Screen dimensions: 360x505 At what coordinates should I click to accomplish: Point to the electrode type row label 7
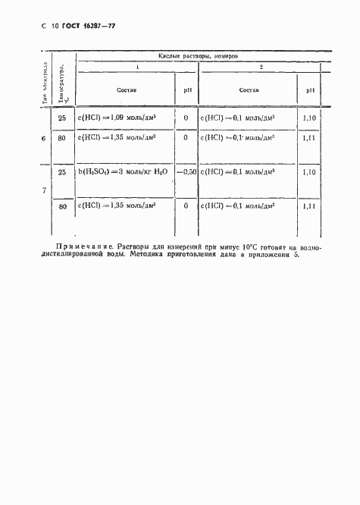pyautogui.click(x=43, y=190)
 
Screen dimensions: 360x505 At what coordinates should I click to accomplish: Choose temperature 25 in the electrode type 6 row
pyautogui.click(x=63, y=118)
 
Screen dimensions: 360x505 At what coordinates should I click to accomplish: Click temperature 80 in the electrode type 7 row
pyautogui.click(x=63, y=205)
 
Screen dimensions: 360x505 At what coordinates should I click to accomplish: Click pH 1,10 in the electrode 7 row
pyautogui.click(x=309, y=172)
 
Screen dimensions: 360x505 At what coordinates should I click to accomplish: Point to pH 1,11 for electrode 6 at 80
pyautogui.click(x=309, y=137)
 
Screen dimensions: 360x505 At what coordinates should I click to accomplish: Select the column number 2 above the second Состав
pyautogui.click(x=261, y=67)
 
